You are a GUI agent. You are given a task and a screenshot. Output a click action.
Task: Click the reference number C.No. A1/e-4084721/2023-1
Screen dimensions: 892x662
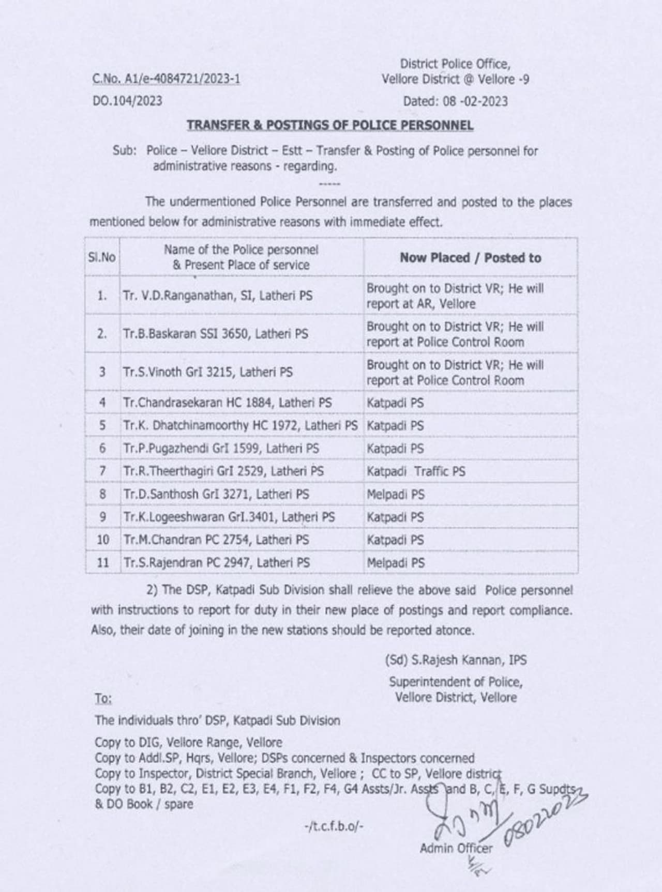pos(166,79)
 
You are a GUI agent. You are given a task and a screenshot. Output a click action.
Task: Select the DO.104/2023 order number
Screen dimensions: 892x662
pos(127,101)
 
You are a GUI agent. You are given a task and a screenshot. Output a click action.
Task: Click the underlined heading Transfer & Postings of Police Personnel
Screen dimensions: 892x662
pos(330,125)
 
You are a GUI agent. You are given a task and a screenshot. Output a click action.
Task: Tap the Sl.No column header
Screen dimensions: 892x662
pos(102,257)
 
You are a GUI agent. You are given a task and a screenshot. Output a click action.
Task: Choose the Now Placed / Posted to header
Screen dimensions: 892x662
pos(470,258)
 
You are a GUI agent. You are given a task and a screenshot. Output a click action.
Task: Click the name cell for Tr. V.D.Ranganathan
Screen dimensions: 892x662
pos(218,296)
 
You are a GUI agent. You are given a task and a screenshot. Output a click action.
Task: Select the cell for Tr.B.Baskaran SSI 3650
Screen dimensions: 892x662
pos(215,334)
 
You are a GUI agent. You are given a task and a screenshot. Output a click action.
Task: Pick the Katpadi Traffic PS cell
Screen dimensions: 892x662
pos(416,471)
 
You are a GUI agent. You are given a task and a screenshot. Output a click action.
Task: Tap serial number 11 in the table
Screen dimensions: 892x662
pos(103,563)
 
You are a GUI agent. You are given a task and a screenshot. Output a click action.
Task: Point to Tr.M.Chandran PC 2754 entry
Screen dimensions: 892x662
pos(216,540)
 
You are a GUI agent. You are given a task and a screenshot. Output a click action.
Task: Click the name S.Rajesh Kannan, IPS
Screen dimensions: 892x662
pos(456,660)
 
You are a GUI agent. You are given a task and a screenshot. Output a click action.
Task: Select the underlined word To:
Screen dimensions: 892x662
pos(103,699)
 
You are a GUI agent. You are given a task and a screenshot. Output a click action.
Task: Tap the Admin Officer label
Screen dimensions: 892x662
pos(456,848)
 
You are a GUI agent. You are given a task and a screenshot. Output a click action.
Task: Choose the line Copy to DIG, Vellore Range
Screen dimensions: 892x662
pos(188,743)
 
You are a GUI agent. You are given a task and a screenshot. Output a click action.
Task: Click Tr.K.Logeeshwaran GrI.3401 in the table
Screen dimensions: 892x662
pos(229,517)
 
